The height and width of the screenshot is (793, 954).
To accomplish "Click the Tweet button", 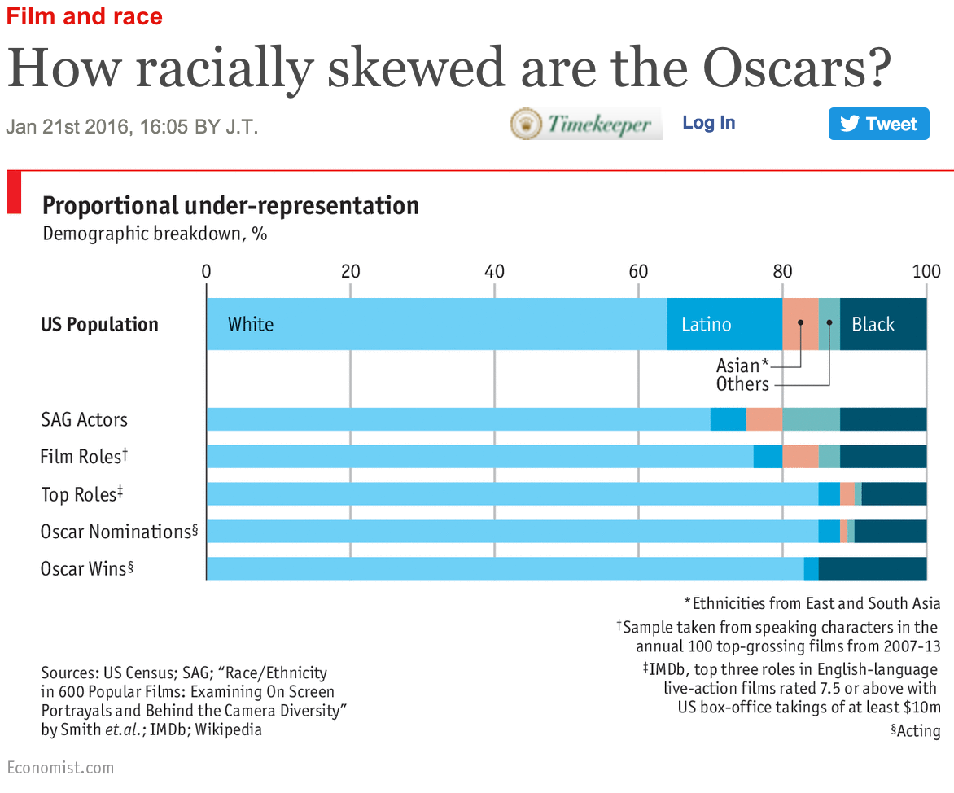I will click(878, 124).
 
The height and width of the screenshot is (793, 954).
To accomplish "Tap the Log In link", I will click(708, 123).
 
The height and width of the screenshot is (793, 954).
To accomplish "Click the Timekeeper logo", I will click(585, 125).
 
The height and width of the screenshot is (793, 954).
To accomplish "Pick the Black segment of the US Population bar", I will click(883, 324).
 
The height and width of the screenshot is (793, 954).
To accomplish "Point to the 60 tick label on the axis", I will click(638, 271).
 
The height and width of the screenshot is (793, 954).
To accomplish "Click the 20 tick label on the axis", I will click(350, 271).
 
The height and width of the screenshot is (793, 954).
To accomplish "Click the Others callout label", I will click(742, 384).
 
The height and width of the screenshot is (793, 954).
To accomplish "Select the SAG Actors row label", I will click(85, 420).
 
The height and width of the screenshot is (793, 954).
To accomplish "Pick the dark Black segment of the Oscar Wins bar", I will click(872, 568).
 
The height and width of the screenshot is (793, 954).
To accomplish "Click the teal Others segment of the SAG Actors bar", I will click(811, 419).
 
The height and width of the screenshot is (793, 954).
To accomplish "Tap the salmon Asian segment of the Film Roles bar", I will click(800, 457).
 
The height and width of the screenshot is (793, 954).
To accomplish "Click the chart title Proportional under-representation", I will click(230, 205).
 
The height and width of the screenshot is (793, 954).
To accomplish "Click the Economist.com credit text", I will click(60, 768).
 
